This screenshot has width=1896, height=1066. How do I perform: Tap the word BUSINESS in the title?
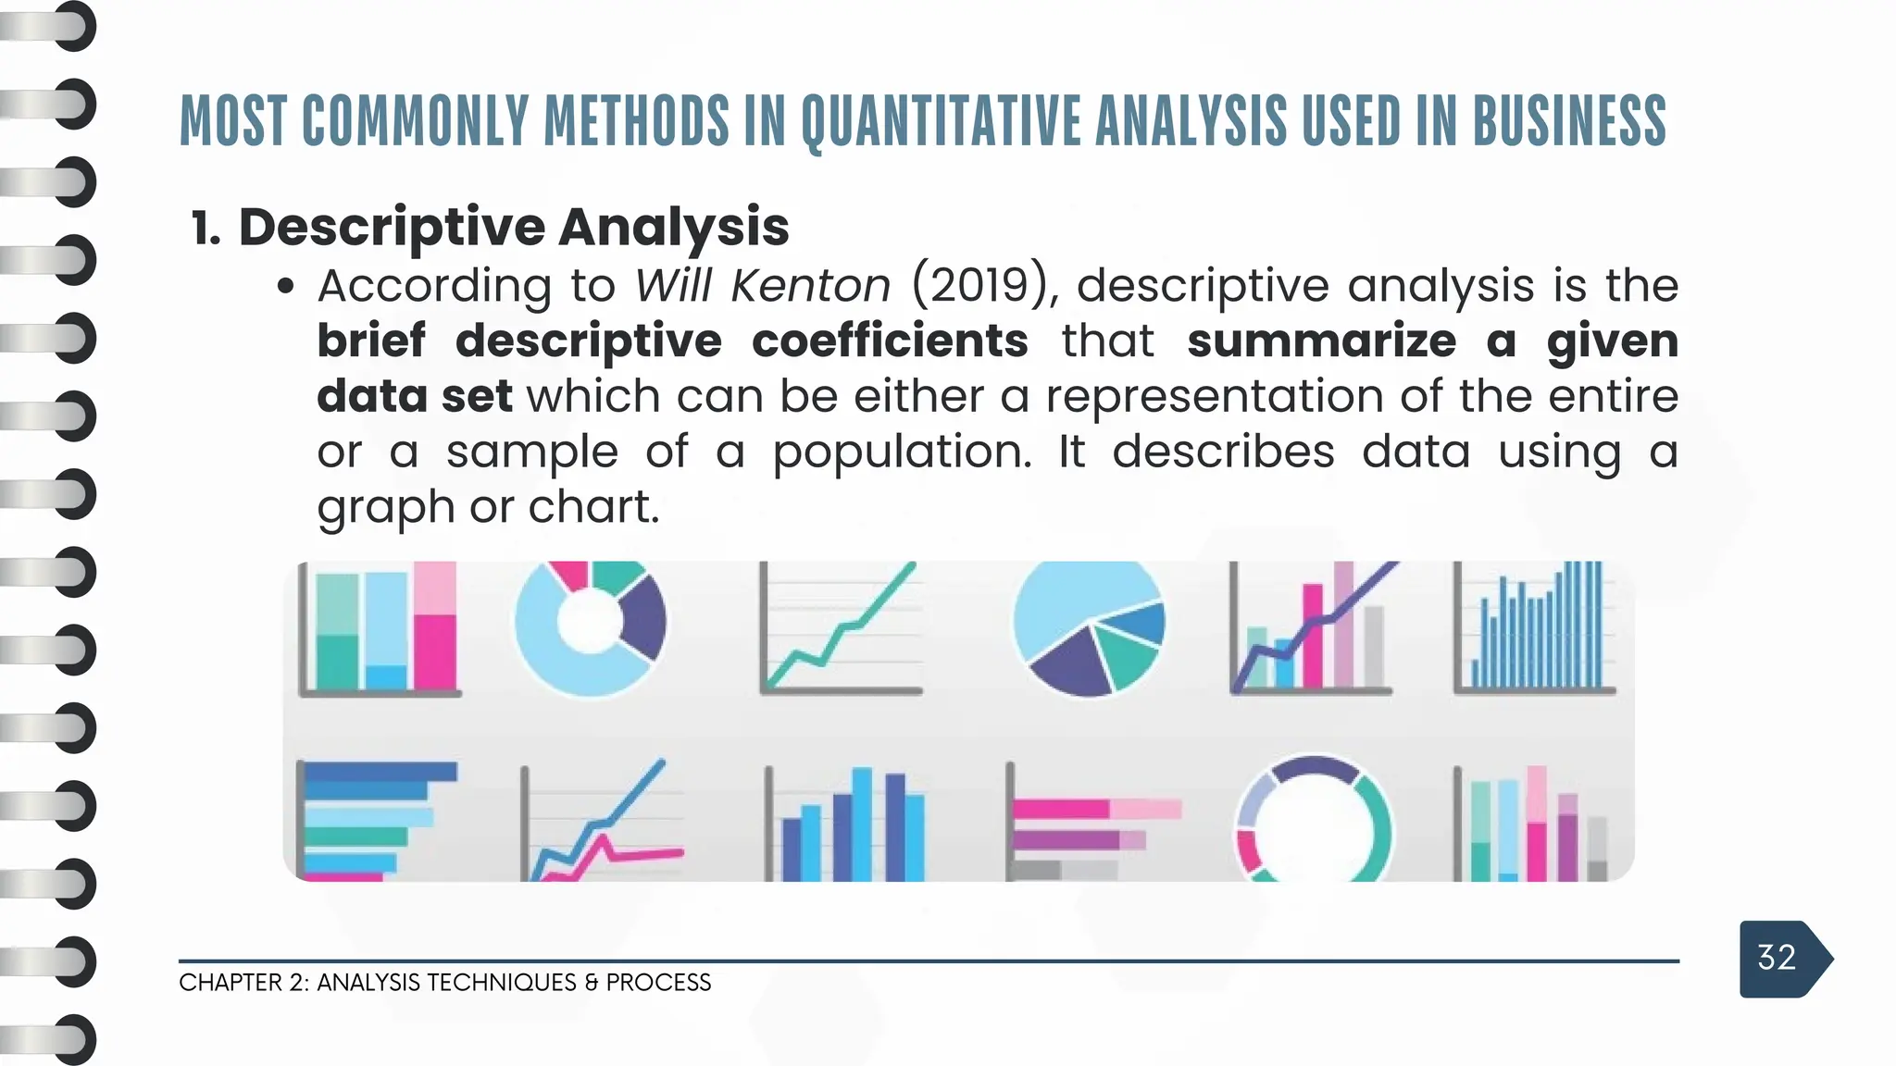[1568, 122]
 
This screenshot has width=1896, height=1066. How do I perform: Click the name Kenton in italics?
[810, 285]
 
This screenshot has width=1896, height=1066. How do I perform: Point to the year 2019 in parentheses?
[980, 285]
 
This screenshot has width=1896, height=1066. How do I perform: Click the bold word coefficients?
[889, 341]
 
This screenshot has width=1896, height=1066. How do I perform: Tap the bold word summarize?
[1321, 341]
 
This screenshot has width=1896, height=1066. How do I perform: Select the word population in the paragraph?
[901, 452]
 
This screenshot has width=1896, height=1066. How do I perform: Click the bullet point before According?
[286, 287]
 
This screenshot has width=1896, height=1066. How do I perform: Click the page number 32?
[1776, 958]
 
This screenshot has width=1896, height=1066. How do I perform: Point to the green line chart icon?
[841, 629]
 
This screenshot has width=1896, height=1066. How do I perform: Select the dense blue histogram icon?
[1534, 629]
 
